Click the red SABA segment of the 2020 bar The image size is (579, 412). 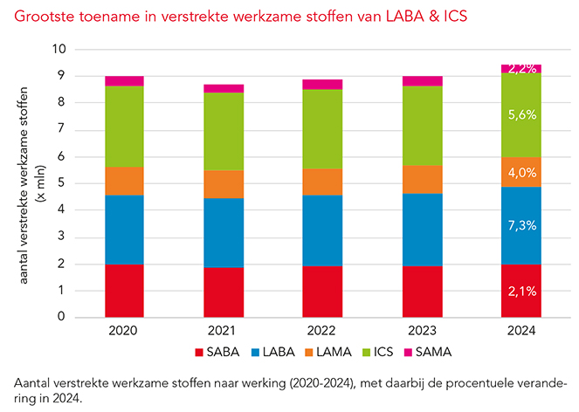(124, 291)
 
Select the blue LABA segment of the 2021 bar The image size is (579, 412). (223, 232)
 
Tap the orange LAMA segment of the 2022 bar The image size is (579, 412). (322, 182)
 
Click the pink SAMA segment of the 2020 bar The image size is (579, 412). (124, 81)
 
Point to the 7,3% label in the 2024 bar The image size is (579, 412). (520, 225)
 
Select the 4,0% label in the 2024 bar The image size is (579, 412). (520, 172)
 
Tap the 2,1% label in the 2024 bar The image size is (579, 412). (520, 291)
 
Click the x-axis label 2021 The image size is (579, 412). (223, 332)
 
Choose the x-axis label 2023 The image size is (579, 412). (422, 332)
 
